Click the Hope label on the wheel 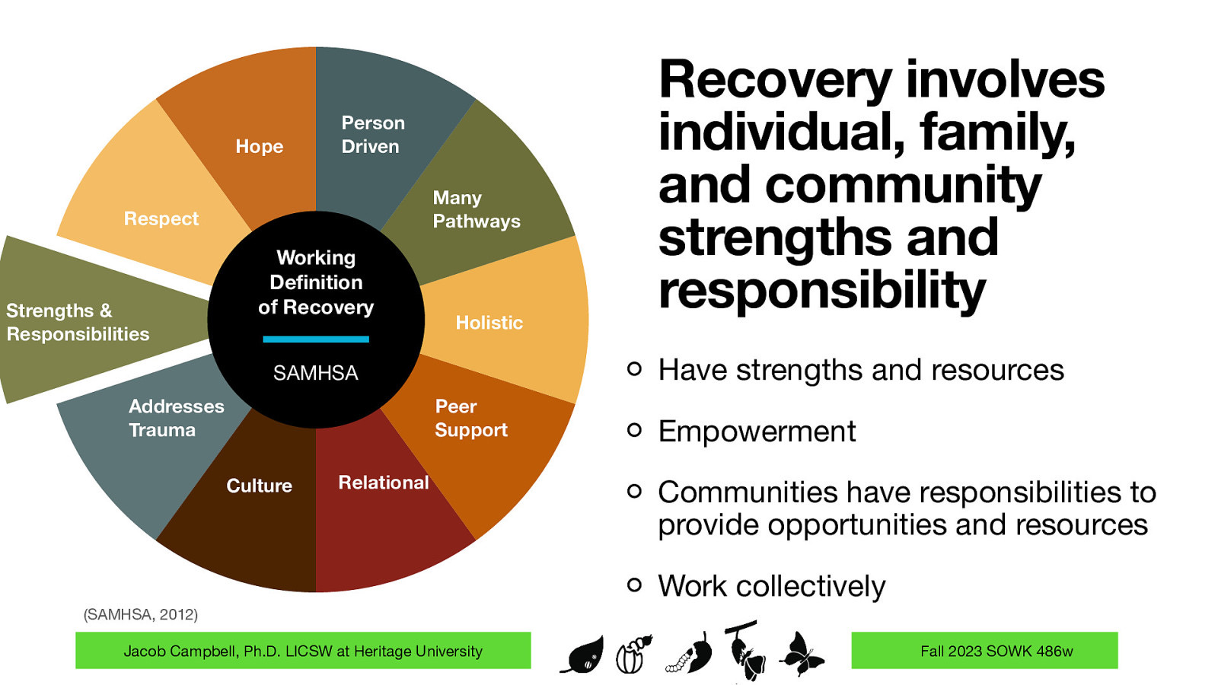pos(259,146)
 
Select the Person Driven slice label pos(372,135)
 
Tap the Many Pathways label pos(476,209)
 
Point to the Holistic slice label pos(489,323)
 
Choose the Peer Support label pos(470,418)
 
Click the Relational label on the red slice pos(383,483)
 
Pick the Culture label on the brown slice pos(259,486)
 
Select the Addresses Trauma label pos(176,418)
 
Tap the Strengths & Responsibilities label pos(78,322)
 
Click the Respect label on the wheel pos(161,218)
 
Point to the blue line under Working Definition pos(316,339)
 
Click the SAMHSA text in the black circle pos(315,373)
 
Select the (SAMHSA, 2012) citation pos(140,614)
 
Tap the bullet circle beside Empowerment pos(634,431)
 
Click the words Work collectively pos(771,586)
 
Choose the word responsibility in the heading pos(821,291)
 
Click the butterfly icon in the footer pos(801,653)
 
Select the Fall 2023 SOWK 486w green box pos(984,651)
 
